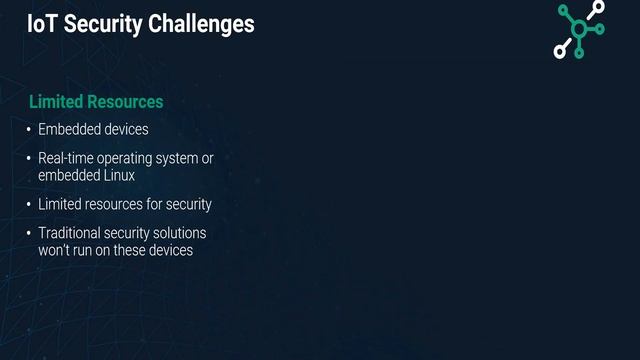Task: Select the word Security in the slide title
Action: tap(102, 23)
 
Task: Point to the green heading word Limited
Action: tap(56, 102)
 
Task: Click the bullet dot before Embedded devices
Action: tap(29, 130)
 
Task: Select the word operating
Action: tap(125, 158)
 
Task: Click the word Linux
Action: tap(117, 175)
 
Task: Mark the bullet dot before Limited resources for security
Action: tap(29, 205)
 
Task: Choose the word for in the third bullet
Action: tap(154, 204)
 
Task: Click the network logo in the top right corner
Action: tap(579, 29)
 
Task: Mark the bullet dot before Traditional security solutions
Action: tap(29, 234)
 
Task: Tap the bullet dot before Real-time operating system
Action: tap(29, 159)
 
